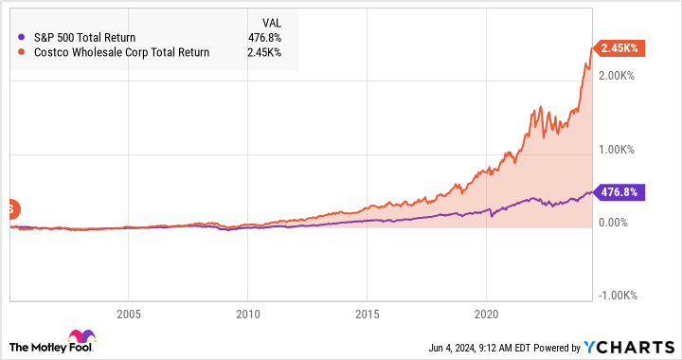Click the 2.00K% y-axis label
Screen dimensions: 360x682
617,75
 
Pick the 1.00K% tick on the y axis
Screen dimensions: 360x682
617,149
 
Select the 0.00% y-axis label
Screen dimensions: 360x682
613,223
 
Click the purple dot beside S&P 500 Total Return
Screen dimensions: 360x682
22,37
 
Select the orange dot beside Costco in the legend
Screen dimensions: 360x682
22,52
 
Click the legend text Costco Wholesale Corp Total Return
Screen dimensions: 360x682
120,52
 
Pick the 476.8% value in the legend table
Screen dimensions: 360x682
264,37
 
